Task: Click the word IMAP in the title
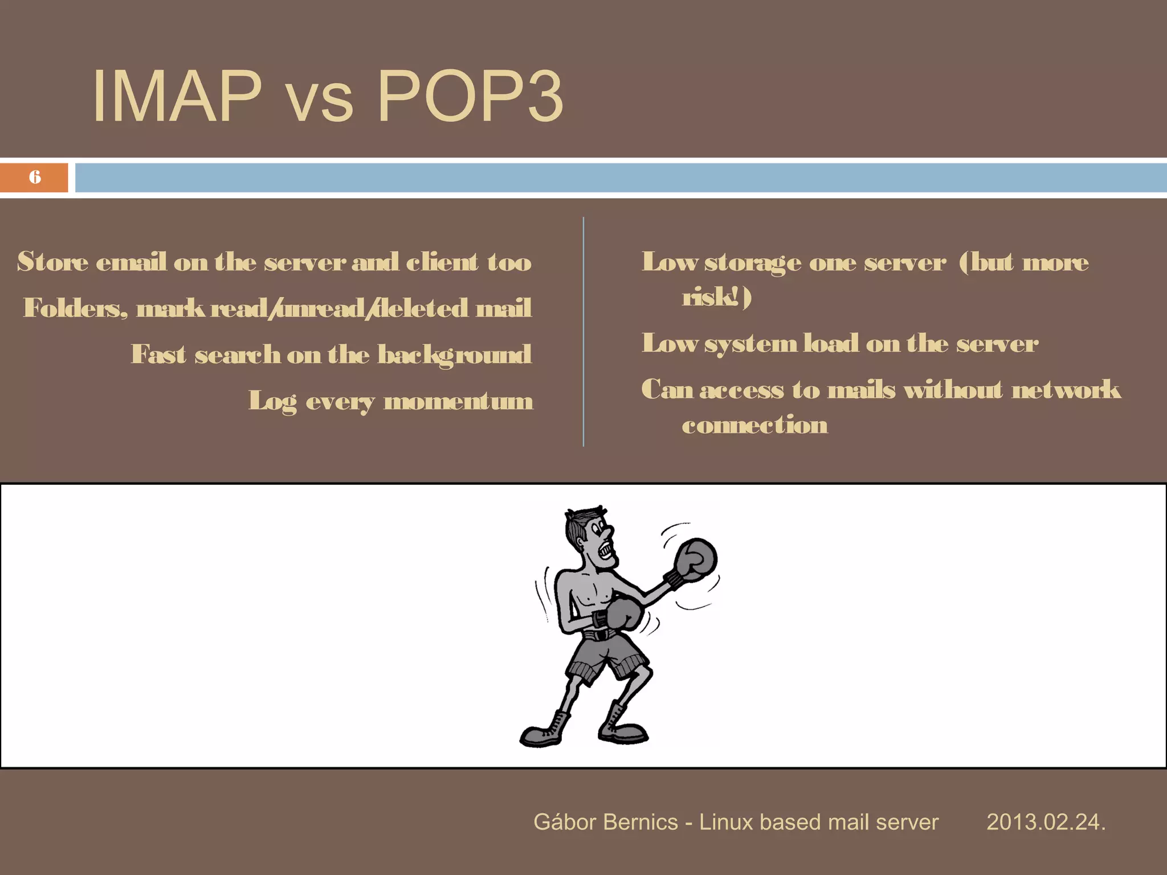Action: coord(177,96)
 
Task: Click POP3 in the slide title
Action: coord(470,96)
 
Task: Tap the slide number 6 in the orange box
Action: coord(35,177)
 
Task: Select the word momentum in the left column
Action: coord(459,401)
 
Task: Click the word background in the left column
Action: coord(454,355)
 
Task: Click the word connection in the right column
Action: coord(754,425)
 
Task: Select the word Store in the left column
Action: coord(52,262)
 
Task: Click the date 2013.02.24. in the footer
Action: coord(1046,822)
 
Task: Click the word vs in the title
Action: coord(319,103)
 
